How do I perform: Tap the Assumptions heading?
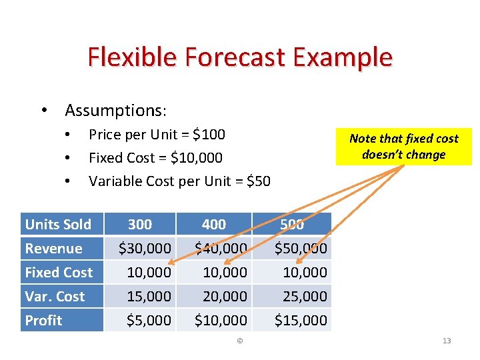coord(115,109)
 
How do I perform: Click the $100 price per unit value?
coord(209,135)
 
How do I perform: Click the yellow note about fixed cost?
coord(404,147)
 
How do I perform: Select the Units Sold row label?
coord(58,225)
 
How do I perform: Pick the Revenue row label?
coord(53,249)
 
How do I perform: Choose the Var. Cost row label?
coord(55,296)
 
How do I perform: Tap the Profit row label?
coord(43,320)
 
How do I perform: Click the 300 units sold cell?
coord(140,225)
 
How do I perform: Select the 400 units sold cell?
coord(213,225)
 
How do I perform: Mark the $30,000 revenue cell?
coord(145,249)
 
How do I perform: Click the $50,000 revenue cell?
coord(301,249)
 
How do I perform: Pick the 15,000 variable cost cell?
coord(149,296)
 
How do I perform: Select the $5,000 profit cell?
coord(149,320)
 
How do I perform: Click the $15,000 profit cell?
coord(301,320)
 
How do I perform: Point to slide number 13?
coord(447,341)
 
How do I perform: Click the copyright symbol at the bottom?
coord(240,341)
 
